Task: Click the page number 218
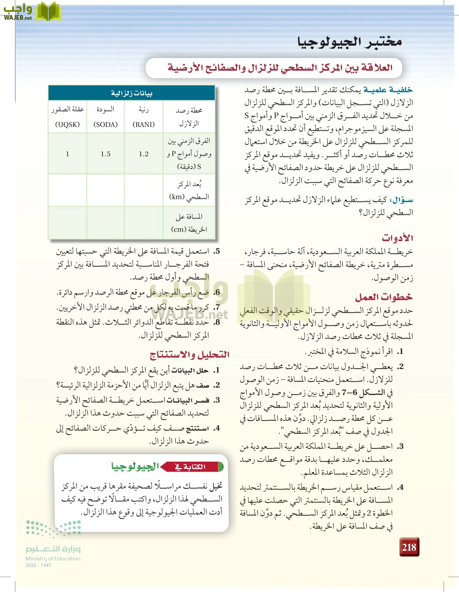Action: (409, 547)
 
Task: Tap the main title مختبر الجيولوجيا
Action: (349, 42)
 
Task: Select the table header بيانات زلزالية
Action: (132, 93)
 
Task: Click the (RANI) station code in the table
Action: (144, 124)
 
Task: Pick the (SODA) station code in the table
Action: (106, 124)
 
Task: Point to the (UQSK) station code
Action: (67, 124)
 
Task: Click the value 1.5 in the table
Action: (106, 154)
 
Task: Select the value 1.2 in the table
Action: (144, 154)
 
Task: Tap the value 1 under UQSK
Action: (67, 154)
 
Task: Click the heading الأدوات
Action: (397, 238)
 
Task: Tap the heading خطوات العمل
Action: (384, 297)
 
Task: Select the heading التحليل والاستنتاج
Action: (189, 355)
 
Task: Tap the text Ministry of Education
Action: (53, 558)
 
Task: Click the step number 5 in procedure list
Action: (216, 251)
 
